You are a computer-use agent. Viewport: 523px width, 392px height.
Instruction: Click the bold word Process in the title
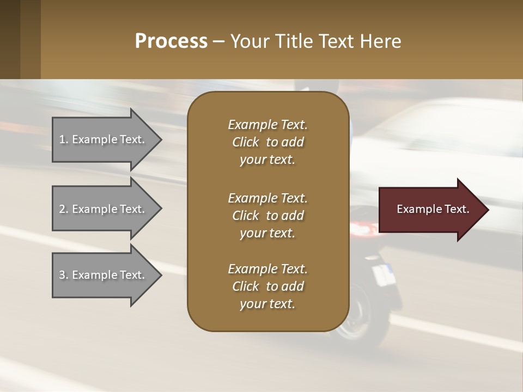click(x=171, y=41)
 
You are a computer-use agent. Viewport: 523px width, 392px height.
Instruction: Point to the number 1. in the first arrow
click(x=64, y=139)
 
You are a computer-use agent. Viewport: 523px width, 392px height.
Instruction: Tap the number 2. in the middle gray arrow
click(x=64, y=209)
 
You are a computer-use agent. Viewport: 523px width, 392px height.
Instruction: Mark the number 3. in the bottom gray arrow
click(x=64, y=275)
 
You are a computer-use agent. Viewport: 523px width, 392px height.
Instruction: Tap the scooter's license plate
click(x=382, y=275)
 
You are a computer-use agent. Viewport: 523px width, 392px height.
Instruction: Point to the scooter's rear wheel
click(x=354, y=321)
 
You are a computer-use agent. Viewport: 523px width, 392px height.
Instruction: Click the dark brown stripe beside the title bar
click(x=10, y=39)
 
